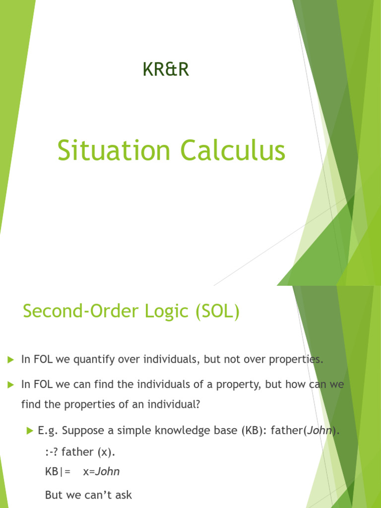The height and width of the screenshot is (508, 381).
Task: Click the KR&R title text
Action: (165, 70)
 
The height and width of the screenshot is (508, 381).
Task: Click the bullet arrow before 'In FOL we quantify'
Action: (10, 359)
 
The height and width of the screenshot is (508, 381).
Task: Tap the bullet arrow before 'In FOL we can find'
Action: (10, 384)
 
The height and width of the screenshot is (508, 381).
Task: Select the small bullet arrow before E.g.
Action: (28, 431)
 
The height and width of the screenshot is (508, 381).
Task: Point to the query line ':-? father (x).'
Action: (80, 452)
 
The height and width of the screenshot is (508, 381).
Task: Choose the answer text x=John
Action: (101, 471)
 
